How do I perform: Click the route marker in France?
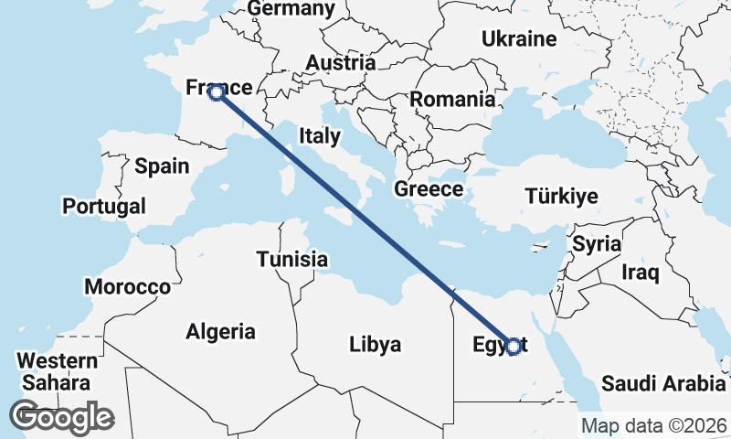coord(217,92)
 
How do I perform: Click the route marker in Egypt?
coord(514,347)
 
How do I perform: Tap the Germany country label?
coord(291,9)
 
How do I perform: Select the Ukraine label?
coord(519,39)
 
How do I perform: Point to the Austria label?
coord(341,63)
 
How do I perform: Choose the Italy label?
coord(319,137)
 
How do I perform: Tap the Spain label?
coord(162,166)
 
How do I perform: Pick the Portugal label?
coord(104,207)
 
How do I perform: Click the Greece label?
coord(429,190)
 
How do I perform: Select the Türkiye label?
coord(562,196)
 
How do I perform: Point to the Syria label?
coord(597,245)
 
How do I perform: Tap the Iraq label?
coord(640,273)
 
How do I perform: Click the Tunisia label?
coord(291,260)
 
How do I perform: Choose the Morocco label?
coord(127,287)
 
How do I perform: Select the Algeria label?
coord(220,332)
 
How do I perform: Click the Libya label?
coord(375,345)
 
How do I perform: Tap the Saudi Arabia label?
coord(663,382)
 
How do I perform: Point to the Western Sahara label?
coord(57,371)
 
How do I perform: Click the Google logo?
coord(61,417)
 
